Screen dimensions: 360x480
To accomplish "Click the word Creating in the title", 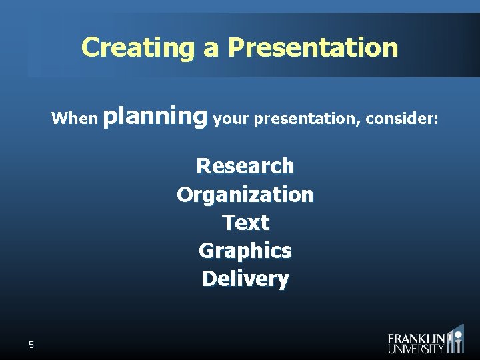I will pos(135,47).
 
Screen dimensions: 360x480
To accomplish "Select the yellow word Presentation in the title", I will pos(313,47).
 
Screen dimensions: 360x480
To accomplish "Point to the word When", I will pos(75,119).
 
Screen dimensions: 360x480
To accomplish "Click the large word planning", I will pos(157,117).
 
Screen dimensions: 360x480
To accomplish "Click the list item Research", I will pos(245,165).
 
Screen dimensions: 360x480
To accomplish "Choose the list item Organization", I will pos(245,194).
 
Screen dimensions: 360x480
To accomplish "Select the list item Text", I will pos(245,222).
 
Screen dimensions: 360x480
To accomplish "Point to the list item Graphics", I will pos(245,251).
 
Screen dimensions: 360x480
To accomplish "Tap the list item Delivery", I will pos(245,278).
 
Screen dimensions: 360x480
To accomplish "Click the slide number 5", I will pos(31,345).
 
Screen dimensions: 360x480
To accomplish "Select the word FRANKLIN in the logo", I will pos(417,338).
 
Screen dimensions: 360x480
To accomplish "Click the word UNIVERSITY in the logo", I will pos(417,349).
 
